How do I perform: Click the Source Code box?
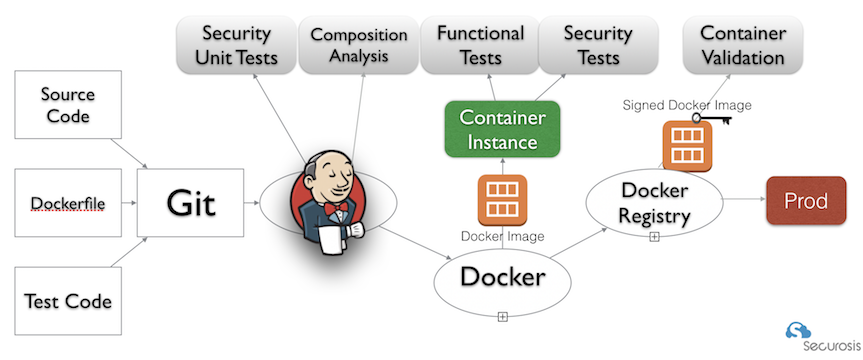pyautogui.click(x=68, y=105)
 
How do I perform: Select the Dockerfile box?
pyautogui.click(x=68, y=203)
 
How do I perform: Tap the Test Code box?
pyautogui.click(x=68, y=301)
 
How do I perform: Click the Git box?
pyautogui.click(x=190, y=203)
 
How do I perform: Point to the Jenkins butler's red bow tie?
pyautogui.click(x=336, y=208)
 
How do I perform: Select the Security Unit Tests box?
pyautogui.click(x=236, y=45)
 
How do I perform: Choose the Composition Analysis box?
pyautogui.click(x=358, y=45)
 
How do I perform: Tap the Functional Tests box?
pyautogui.click(x=480, y=45)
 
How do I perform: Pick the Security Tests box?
pyautogui.click(x=598, y=45)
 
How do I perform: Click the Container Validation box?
pyautogui.click(x=742, y=45)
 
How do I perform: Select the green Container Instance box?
pyautogui.click(x=502, y=129)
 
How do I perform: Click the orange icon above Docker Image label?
pyautogui.click(x=502, y=200)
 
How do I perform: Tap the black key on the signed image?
pyautogui.click(x=712, y=118)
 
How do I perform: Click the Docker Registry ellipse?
pyautogui.click(x=654, y=203)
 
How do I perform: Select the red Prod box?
pyautogui.click(x=806, y=200)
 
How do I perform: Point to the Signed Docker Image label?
pyautogui.click(x=687, y=105)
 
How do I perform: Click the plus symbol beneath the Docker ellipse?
pyautogui.click(x=502, y=317)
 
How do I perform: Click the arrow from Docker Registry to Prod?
pyautogui.click(x=744, y=201)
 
